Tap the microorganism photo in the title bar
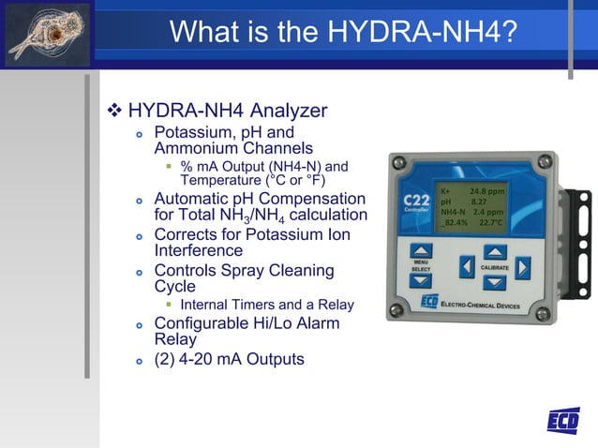tap(48, 34)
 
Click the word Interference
tap(198, 250)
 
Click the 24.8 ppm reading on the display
tap(487, 189)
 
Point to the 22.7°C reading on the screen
tap(491, 223)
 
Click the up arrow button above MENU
tap(421, 251)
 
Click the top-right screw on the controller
tap(551, 162)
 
